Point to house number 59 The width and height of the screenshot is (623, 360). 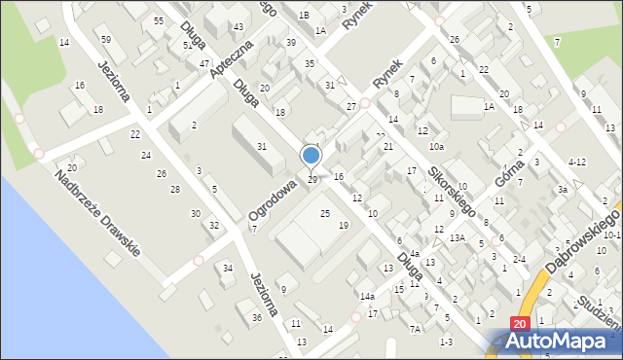click(106, 39)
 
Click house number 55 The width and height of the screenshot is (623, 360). click(158, 20)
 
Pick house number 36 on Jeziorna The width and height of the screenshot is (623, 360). click(257, 317)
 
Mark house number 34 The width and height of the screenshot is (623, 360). click(228, 268)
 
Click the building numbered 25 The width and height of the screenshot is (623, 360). click(325, 213)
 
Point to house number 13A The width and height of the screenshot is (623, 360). click(457, 237)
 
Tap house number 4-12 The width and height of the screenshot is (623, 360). click(576, 162)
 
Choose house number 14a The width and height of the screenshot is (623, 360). click(366, 296)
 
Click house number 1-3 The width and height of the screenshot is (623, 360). click(446, 342)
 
